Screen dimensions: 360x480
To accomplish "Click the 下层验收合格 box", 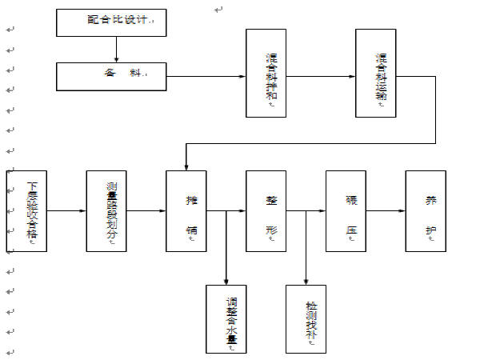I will pos(27,211).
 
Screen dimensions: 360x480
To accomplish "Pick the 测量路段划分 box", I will pos(106,211).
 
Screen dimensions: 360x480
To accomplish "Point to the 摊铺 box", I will pos(186,211).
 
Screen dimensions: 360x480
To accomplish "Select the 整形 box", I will pos(266,211).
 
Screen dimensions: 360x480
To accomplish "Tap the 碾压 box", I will pos(346,211).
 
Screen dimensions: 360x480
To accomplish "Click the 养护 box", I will pos(425,211).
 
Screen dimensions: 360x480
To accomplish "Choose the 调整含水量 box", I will pos(226,318).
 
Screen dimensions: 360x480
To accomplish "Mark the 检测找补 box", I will pos(306,318).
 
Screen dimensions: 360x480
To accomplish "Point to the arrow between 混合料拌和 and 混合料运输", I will pos(320,76).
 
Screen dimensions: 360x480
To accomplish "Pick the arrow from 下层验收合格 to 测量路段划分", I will pos(66,211).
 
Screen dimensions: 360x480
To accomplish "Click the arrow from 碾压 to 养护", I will pos(385,211).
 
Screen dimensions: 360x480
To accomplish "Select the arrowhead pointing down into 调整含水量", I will pos(226,280).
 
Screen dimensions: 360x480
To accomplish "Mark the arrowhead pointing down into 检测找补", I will pos(306,280).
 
